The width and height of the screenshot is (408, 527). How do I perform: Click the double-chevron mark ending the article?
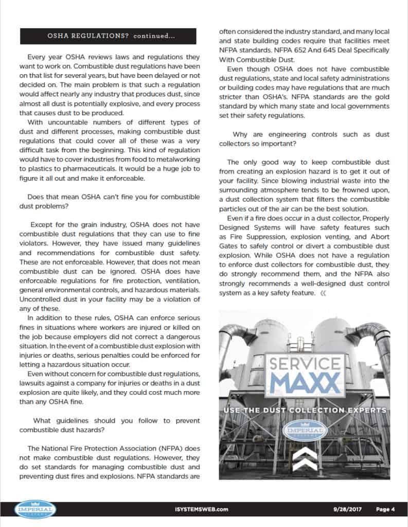[x=323, y=293]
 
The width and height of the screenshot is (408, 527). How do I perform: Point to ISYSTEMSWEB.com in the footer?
[x=205, y=510]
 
